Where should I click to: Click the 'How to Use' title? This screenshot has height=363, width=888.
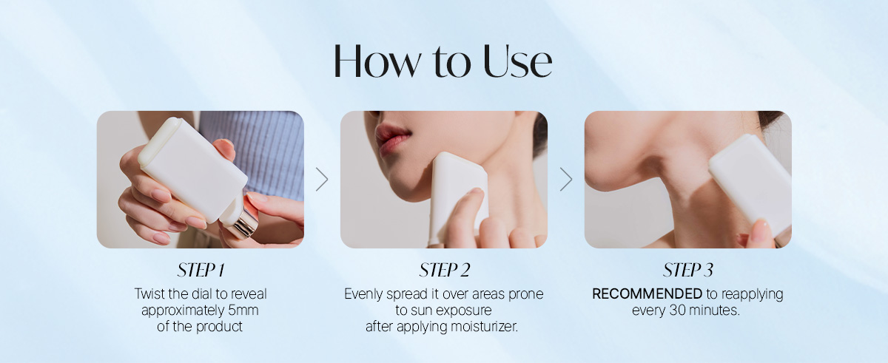[x=443, y=61]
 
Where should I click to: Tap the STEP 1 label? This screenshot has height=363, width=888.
[x=201, y=270]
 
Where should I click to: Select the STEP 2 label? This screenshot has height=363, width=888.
[x=445, y=270]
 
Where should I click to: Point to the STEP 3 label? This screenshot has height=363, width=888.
[x=687, y=270]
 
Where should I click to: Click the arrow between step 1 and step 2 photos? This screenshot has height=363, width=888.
[x=323, y=180]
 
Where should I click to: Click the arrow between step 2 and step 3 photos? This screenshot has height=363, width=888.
[x=566, y=180]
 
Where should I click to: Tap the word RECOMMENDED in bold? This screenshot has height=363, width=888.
[x=647, y=294]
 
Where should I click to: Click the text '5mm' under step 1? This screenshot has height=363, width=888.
[x=243, y=310]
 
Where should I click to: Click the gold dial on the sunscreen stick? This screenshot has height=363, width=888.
[x=244, y=224]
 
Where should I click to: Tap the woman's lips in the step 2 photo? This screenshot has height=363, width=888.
[x=391, y=140]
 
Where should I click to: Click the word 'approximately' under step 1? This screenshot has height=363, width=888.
[x=184, y=311]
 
